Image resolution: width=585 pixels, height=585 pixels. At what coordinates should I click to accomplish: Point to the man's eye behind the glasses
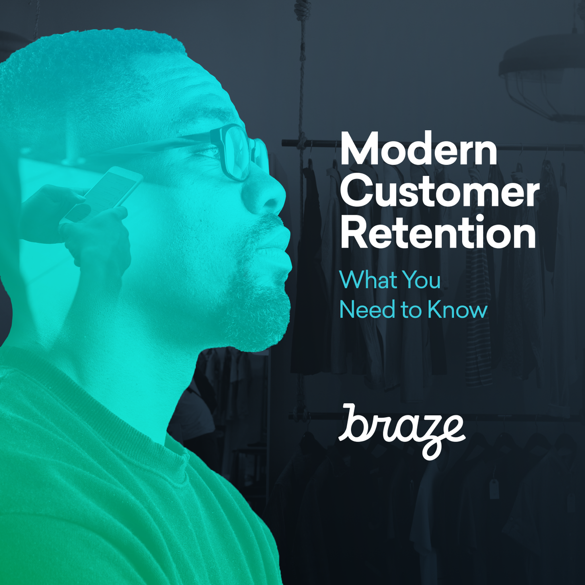pyautogui.click(x=211, y=151)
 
